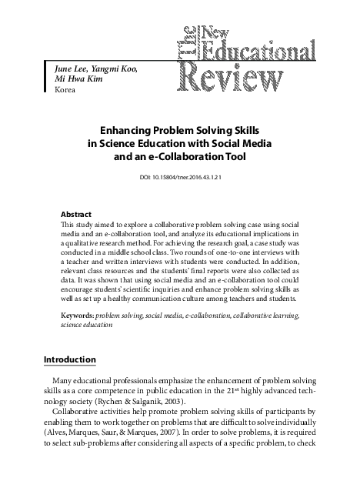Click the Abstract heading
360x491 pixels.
[76, 213]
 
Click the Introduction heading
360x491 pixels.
[70, 359]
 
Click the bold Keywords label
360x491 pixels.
[78, 315]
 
